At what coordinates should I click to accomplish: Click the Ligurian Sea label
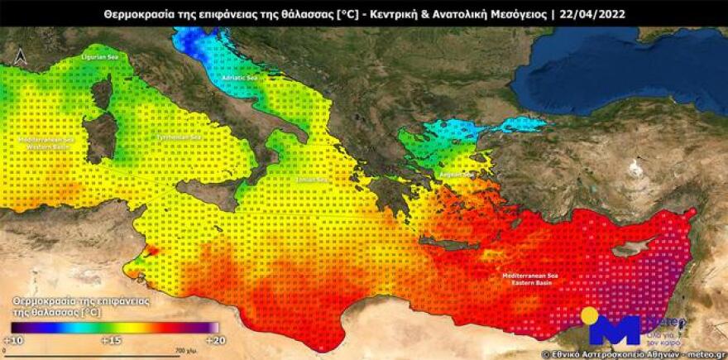click(x=98, y=58)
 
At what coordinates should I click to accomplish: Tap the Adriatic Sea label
click(x=240, y=78)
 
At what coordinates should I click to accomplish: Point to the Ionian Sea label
click(x=314, y=179)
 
